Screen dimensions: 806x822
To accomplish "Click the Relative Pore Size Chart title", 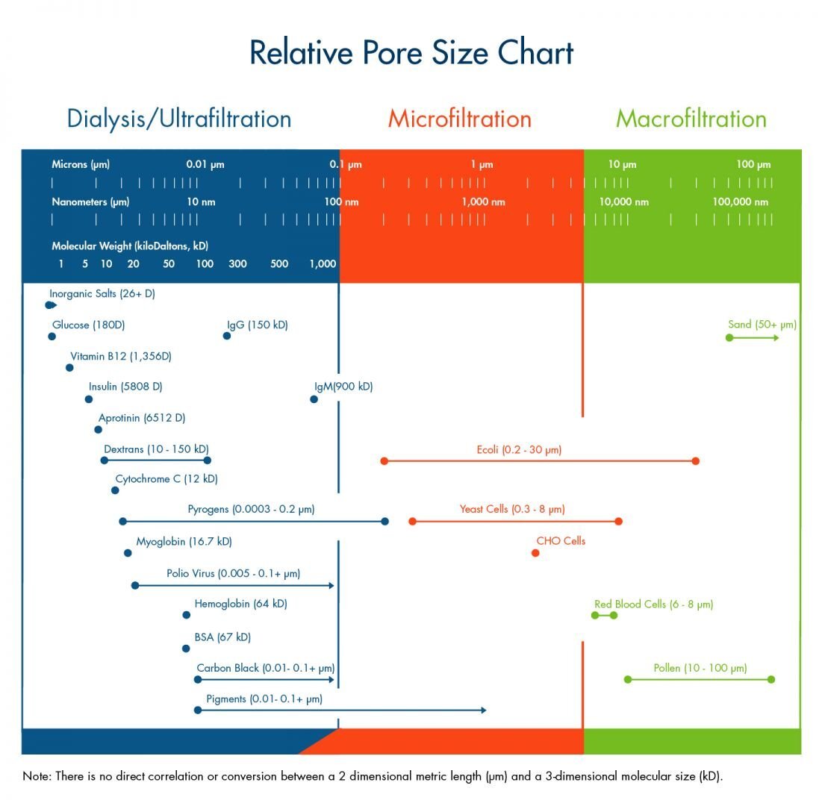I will pos(411,54).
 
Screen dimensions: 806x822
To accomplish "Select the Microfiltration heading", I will pos(459,119).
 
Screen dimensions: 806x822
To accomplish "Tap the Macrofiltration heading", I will pos(691,119).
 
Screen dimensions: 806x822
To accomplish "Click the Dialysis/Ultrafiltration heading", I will pos(178,119).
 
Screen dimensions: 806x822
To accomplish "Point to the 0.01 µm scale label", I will pos(205,165).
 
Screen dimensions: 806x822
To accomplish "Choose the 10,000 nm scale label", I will pos(623,202).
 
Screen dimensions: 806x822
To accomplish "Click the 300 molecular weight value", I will pos(237,264).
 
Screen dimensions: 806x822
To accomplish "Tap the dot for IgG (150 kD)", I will pos(227,336).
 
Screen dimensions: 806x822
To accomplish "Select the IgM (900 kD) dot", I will pos(314,399).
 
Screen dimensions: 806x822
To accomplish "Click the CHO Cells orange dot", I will pos(535,553).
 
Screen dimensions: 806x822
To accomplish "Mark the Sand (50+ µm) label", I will pos(762,325).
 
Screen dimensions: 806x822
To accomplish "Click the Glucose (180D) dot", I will pos(52,336).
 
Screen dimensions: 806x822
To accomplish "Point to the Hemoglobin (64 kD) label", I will pos(240,604).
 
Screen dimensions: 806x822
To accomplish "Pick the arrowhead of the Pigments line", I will pos(484,710).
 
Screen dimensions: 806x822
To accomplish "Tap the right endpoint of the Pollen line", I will pos(771,679).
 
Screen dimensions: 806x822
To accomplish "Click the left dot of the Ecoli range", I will pos(384,461).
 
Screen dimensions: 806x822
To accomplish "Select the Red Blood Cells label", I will pos(653,604).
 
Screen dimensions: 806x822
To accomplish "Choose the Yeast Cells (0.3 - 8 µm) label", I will pos(511,509).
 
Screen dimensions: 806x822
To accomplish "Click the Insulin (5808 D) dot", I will pos(89,399).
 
